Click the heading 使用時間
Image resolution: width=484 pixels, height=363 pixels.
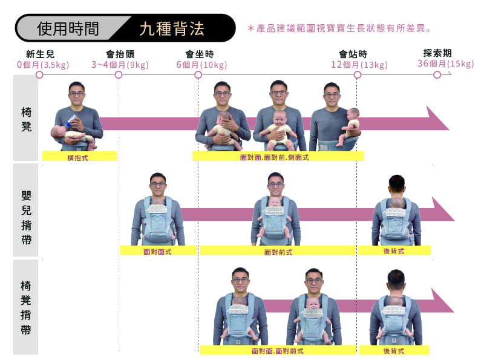[68, 28]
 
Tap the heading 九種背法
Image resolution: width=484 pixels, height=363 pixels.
[172, 28]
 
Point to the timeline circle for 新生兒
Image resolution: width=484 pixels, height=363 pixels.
[39, 74]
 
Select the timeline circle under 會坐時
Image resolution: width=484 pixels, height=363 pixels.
[198, 74]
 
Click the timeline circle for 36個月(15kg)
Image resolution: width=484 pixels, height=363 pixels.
[437, 74]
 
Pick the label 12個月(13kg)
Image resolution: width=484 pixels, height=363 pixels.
[359, 65]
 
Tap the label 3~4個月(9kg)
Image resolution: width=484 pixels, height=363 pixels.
[120, 65]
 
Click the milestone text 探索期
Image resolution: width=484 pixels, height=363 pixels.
[437, 53]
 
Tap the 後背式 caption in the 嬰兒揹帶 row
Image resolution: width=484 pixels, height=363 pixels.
[394, 250]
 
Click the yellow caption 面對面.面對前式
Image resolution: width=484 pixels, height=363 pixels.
[278, 350]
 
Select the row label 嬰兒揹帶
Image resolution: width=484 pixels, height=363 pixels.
[26, 217]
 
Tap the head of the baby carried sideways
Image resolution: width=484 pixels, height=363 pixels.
[353, 113]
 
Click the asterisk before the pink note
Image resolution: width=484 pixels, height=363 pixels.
[251, 28]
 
